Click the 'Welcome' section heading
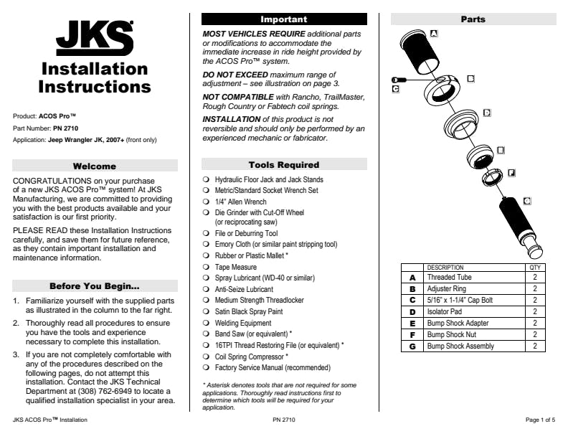point(95,166)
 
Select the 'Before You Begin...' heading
point(95,285)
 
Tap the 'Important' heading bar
point(283,19)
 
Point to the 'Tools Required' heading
point(283,165)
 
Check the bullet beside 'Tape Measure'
point(206,266)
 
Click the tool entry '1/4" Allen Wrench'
point(241,202)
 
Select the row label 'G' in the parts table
point(412,346)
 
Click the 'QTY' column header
point(535,268)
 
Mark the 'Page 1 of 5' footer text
point(539,418)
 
